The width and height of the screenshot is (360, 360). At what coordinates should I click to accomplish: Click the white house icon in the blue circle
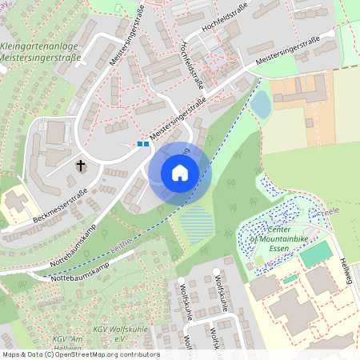[180, 172]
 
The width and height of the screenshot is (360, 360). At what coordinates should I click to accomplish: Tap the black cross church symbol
[81, 166]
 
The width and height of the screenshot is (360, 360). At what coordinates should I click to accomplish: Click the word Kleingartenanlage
[39, 46]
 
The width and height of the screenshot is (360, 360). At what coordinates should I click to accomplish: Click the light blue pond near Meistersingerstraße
[261, 104]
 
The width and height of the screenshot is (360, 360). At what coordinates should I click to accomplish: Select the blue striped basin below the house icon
[196, 222]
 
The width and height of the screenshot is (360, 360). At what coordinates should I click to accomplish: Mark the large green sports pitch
[315, 254]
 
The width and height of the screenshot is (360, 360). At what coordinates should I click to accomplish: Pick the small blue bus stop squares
[142, 144]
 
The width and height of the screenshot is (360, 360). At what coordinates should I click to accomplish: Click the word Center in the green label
[279, 229]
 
